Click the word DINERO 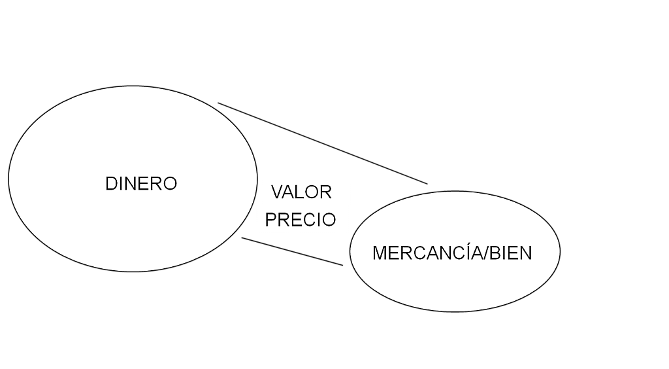140,184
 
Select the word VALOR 302,192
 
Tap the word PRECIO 301,220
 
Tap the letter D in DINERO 110,184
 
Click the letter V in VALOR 277,192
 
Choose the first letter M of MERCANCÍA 379,253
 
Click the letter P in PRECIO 271,220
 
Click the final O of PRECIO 329,220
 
